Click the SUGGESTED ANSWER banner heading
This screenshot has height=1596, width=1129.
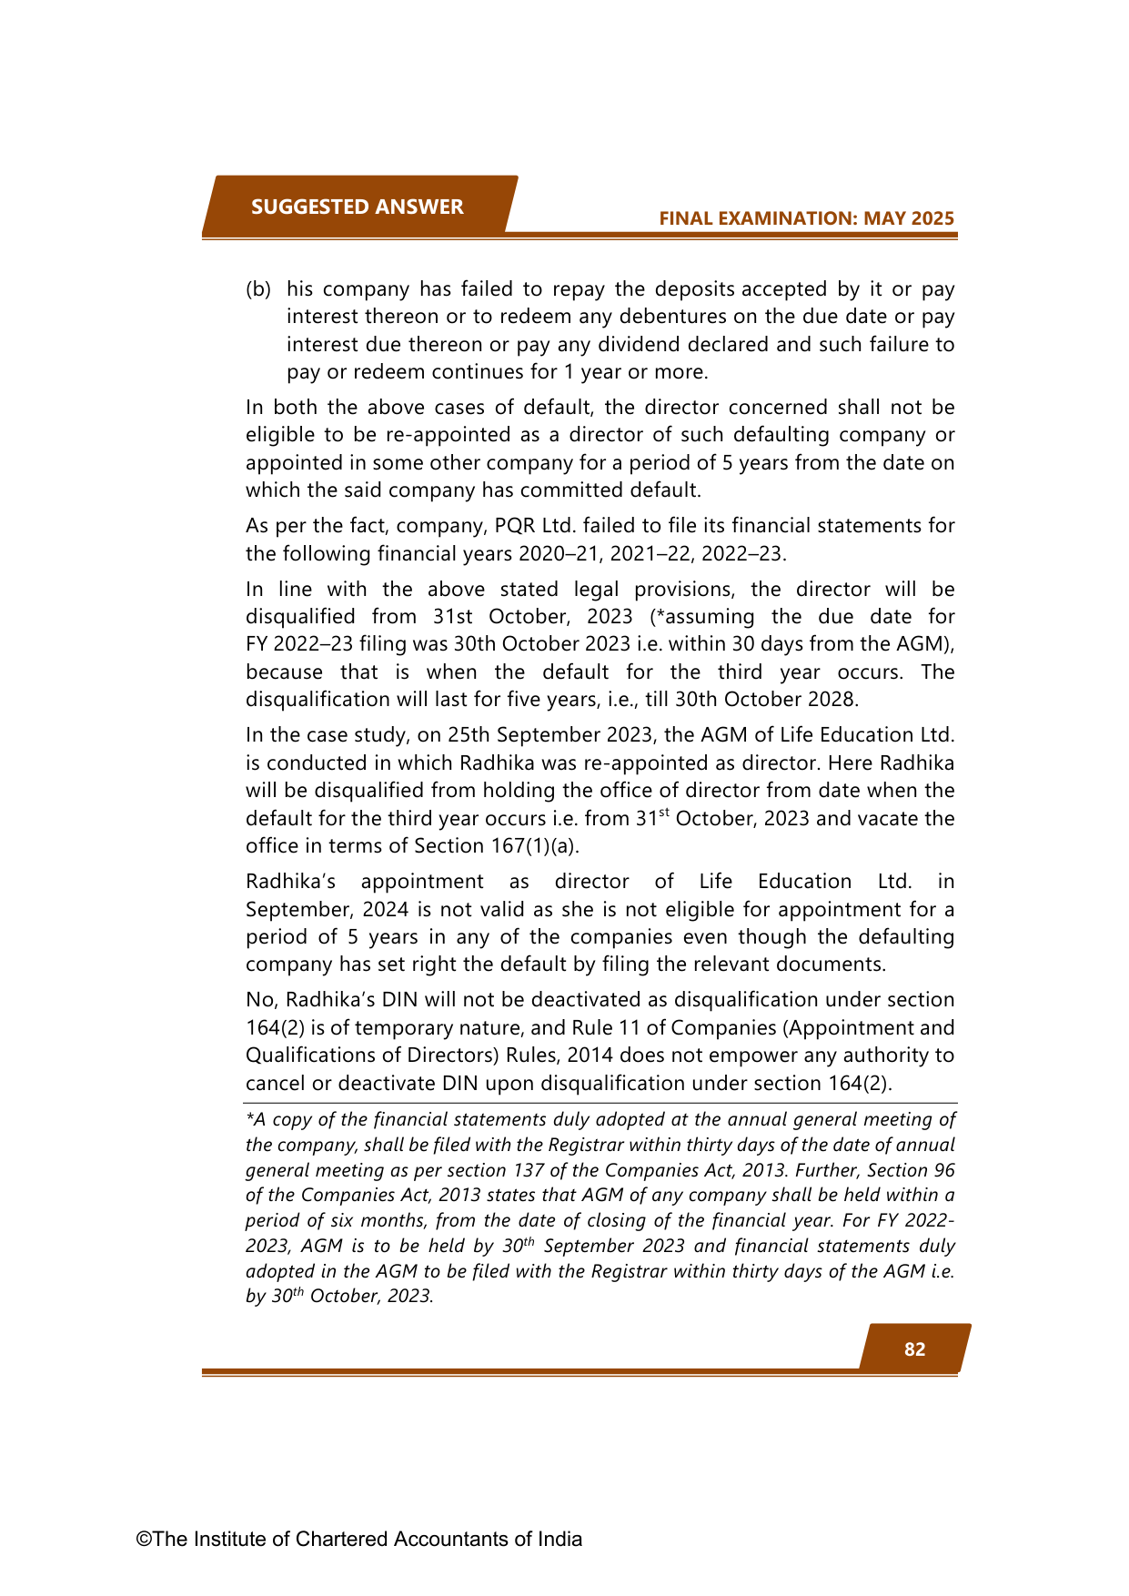pos(357,207)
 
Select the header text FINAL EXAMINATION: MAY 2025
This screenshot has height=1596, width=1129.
pos(806,218)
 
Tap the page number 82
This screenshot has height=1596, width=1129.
pos(914,1349)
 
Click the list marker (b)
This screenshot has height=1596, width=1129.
pos(258,289)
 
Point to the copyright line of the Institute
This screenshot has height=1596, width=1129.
pos(359,1539)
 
